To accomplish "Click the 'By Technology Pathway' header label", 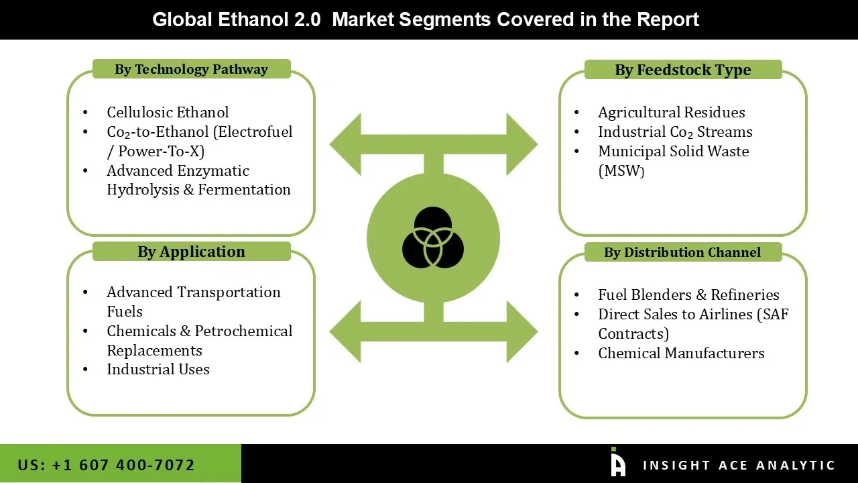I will pos(191,69).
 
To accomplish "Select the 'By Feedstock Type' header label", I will pos(682,70).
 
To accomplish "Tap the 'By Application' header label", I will pos(191,252).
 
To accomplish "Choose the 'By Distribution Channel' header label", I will pos(682,252).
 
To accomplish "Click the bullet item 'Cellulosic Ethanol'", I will pos(168,112).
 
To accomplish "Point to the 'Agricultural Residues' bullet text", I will pos(671,112).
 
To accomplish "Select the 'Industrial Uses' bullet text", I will pos(158,369).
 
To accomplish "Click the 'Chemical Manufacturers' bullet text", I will pos(681,353).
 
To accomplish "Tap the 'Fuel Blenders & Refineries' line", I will pos(688,294).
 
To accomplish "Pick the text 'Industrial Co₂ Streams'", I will pos(675,131).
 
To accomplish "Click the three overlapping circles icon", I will pos(433,238).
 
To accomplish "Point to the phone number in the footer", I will pos(106,464).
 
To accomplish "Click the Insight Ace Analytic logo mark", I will pos(617,464).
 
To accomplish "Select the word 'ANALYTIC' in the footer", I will pos(795,465).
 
